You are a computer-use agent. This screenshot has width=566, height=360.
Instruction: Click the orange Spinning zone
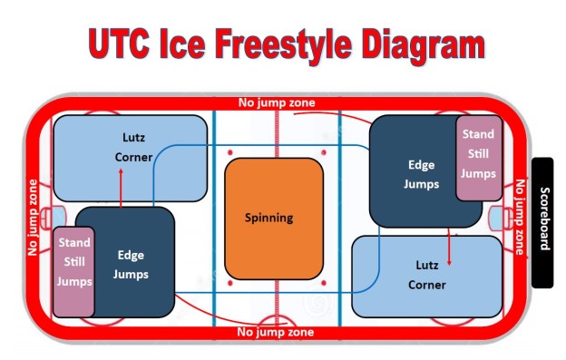[273, 218]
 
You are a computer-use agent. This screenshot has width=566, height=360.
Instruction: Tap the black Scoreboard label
[542, 221]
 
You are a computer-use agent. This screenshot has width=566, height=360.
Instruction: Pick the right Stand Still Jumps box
[477, 157]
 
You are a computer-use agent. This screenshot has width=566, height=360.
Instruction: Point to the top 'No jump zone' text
[276, 102]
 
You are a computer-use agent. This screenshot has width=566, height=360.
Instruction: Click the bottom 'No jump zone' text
[276, 333]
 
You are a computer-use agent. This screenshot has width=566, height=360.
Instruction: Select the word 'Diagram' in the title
[417, 44]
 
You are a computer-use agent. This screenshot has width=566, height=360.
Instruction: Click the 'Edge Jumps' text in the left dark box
[131, 264]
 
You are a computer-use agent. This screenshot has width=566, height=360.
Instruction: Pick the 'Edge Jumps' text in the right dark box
[422, 174]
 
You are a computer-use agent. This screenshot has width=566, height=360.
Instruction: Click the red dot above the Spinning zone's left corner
[231, 151]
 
